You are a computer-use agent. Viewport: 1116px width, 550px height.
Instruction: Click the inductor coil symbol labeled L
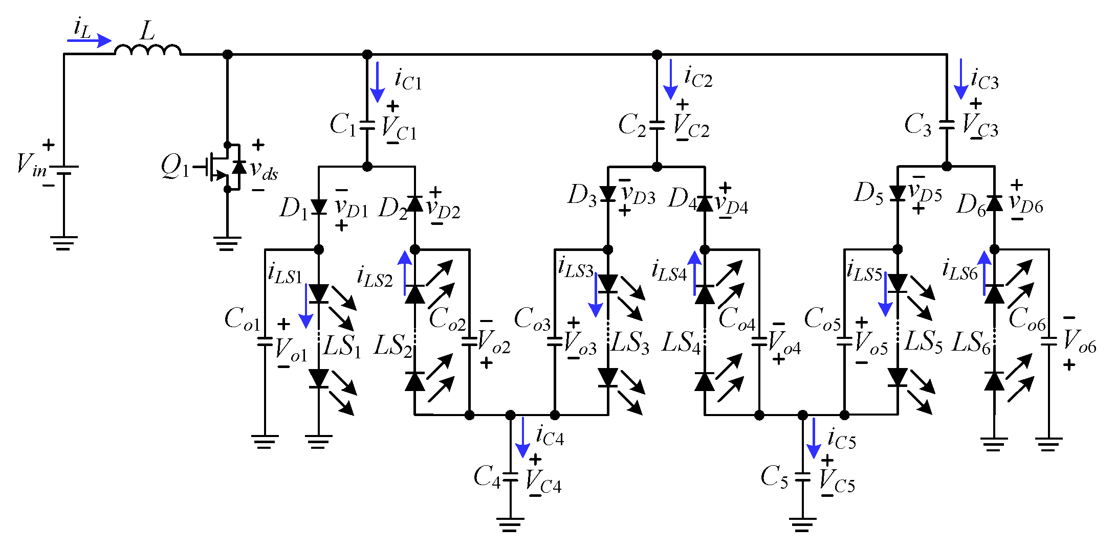[147, 50]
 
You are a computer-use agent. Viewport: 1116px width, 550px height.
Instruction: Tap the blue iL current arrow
[89, 40]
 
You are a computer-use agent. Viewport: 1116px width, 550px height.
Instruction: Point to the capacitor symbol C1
[367, 125]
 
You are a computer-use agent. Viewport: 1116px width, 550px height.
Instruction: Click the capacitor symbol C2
[657, 124]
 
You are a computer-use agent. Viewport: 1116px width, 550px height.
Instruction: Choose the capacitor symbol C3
[947, 124]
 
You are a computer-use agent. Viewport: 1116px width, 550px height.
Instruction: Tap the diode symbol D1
[319, 207]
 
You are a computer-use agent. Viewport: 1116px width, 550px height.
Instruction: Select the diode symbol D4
[705, 203]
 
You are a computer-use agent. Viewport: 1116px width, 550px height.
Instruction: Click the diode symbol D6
[994, 203]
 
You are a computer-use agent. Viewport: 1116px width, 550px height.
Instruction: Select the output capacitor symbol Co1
[265, 341]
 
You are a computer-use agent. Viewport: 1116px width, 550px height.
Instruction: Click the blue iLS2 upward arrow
[405, 273]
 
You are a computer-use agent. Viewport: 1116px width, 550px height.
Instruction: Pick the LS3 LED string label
[630, 342]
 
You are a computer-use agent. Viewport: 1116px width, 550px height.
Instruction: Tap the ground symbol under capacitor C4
[510, 524]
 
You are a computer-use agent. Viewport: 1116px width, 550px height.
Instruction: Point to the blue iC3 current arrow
[960, 79]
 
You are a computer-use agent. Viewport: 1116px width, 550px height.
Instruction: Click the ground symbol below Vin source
[63, 243]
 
